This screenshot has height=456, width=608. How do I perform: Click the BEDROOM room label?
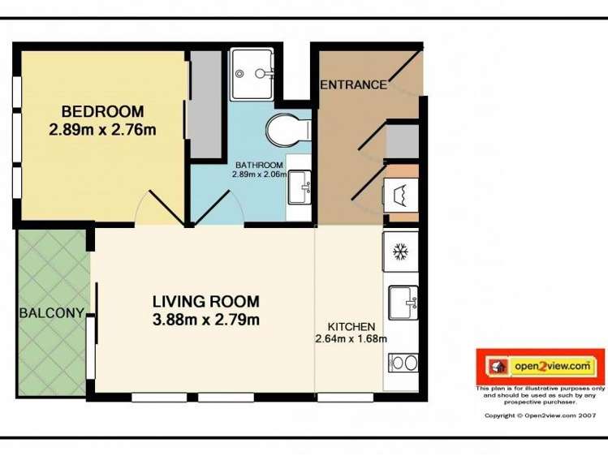[x=102, y=112]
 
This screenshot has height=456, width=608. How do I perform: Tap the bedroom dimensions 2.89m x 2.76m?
[x=102, y=129]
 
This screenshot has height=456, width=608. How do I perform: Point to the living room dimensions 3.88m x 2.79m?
[x=205, y=320]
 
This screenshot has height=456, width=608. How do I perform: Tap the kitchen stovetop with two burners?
[x=403, y=362]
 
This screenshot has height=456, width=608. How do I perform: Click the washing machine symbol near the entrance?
[x=400, y=195]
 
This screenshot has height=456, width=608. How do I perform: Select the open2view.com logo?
[x=540, y=367]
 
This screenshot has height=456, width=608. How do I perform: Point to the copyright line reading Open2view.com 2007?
[x=540, y=415]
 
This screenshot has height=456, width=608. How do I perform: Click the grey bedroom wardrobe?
[x=205, y=93]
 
